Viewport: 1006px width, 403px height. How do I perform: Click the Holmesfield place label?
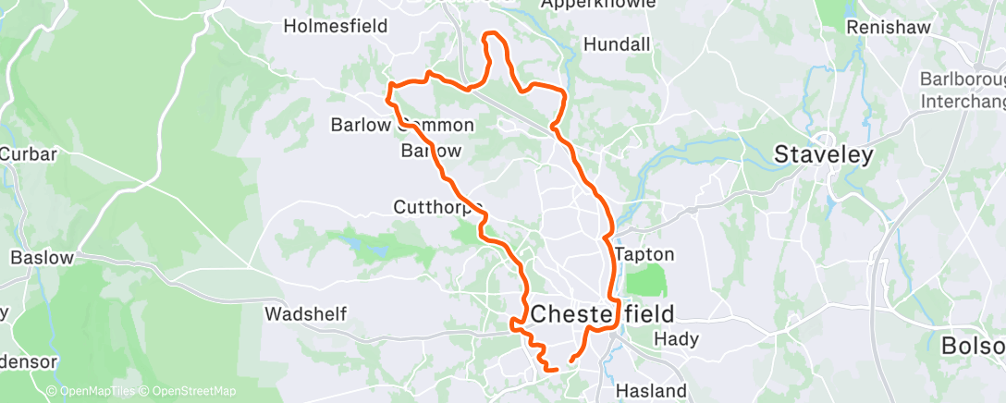tap(335, 26)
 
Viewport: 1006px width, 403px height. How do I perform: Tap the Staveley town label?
tap(823, 154)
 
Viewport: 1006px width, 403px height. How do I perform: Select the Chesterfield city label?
tap(602, 312)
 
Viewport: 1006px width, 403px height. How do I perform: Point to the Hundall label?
tap(617, 44)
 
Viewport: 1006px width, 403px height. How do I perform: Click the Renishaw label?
tap(887, 28)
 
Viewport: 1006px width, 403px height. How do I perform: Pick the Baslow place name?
tap(42, 258)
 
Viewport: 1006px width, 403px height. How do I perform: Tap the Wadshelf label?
tap(305, 314)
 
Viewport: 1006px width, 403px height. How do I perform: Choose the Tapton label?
tap(644, 254)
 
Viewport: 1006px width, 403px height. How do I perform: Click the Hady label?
tap(676, 339)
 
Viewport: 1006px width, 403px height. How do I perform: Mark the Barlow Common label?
tap(402, 125)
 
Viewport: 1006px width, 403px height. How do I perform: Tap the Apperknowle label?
tap(598, 5)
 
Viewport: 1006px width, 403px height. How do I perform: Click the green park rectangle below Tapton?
tap(645, 281)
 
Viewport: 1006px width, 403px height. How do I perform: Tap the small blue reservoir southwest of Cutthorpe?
tap(353, 245)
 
